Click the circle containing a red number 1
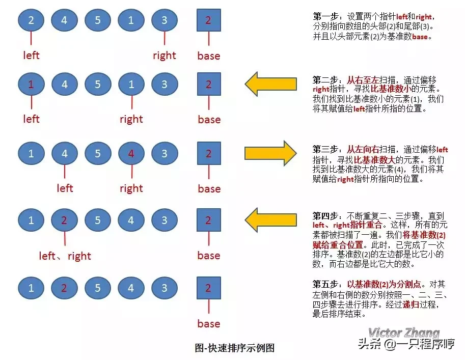click(31, 85)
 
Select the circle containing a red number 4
click(131, 153)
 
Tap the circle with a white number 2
click(31, 21)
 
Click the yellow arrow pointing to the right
click(270, 152)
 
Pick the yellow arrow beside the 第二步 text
click(270, 83)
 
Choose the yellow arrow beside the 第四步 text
click(270, 219)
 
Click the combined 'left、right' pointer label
click(65, 256)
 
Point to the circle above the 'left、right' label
click(64, 220)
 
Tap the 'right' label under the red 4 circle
click(131, 188)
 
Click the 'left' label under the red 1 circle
click(31, 119)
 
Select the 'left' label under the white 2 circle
click(31, 55)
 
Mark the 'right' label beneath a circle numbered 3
click(164, 56)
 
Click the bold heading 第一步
click(324, 16)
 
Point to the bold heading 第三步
click(324, 149)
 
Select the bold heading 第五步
click(324, 284)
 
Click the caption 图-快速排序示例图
click(235, 348)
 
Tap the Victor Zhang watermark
click(404, 333)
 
